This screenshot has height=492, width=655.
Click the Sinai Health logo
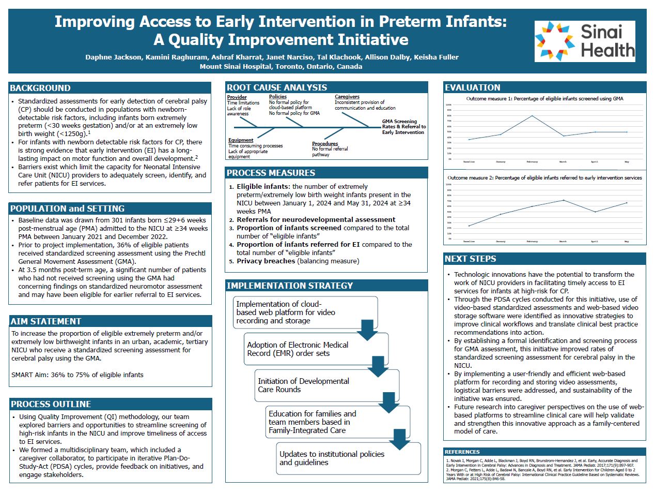tap(584, 41)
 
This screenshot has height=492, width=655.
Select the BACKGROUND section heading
tap(40, 88)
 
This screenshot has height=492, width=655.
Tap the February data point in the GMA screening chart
tap(532, 115)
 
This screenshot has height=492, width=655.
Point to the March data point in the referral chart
tap(563, 200)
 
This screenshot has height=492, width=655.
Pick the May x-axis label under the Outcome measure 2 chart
tap(626, 242)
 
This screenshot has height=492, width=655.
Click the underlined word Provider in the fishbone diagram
tap(237, 97)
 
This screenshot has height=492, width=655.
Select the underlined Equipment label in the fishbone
tap(241, 140)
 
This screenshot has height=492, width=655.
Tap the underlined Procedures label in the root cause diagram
tap(325, 144)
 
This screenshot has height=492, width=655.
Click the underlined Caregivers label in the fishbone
tap(347, 97)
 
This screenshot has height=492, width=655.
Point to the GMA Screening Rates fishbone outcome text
tap(403, 127)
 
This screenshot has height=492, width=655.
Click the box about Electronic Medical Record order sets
tap(317, 349)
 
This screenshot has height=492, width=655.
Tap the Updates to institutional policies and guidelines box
tap(348, 458)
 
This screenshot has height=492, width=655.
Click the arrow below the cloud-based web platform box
tap(367, 330)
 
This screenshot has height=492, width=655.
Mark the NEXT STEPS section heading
tap(471, 259)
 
